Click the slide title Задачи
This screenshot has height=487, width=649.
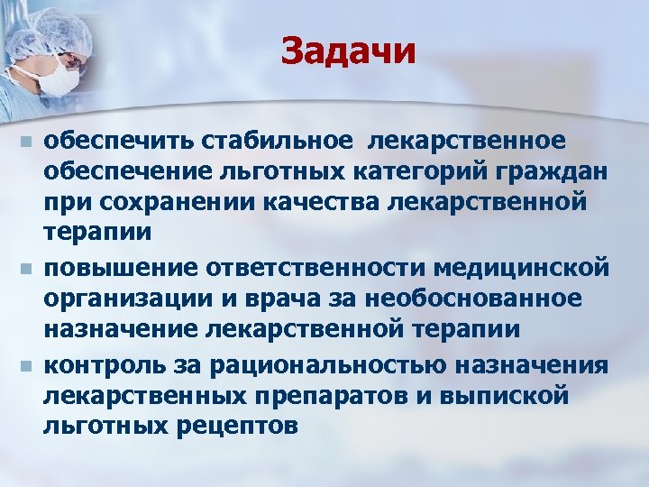pos(348,51)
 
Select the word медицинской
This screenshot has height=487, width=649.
pos(526,268)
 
